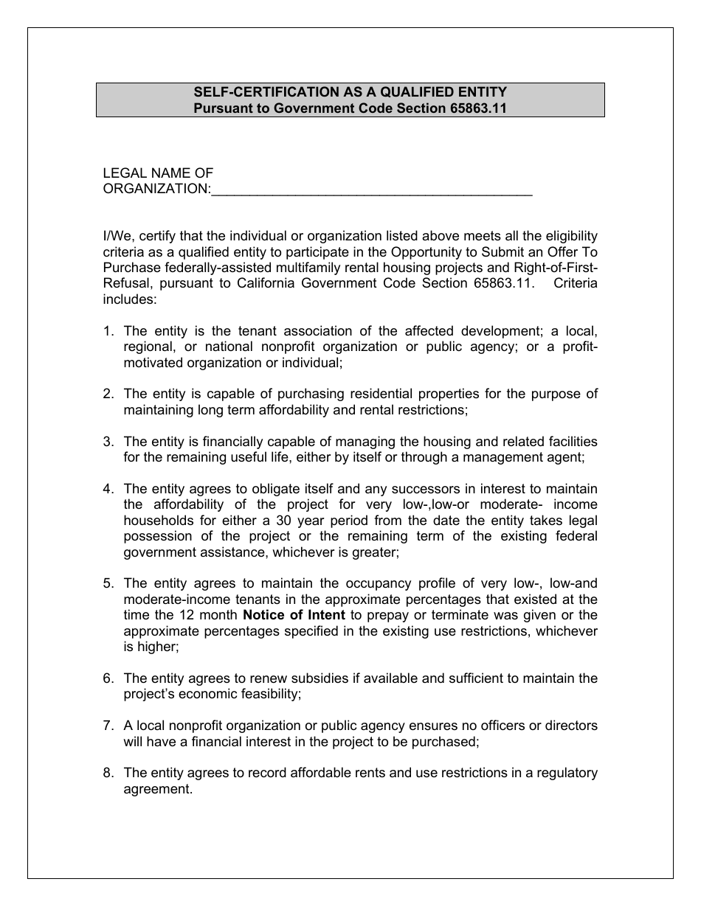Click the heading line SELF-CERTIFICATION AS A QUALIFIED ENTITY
[350, 92]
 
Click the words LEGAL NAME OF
[158, 173]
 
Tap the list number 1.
[108, 331]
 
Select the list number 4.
[108, 489]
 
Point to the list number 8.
[108, 773]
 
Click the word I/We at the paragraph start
[117, 236]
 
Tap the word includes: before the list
[129, 299]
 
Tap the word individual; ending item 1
[311, 363]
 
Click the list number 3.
[108, 442]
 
